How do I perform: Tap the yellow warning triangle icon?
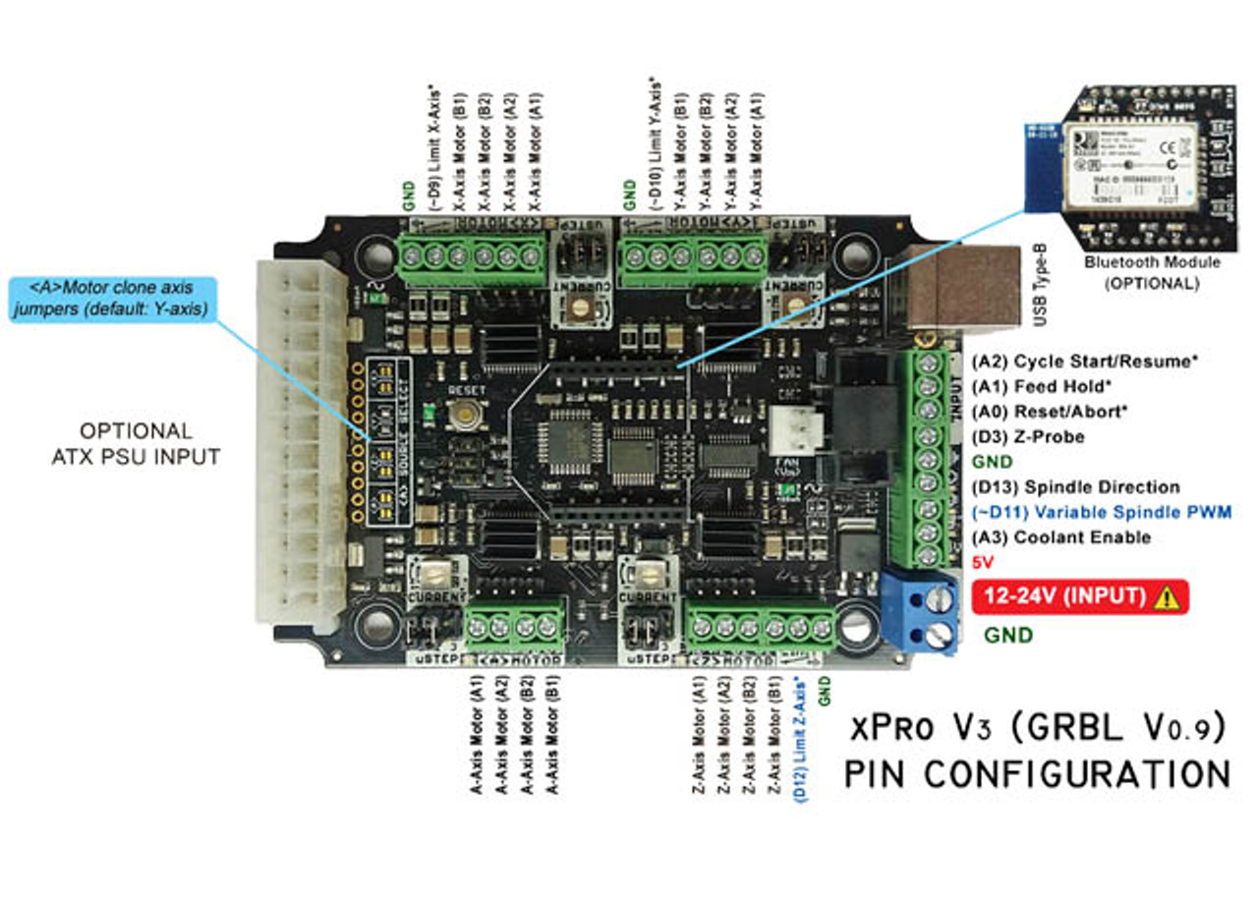(x=1167, y=597)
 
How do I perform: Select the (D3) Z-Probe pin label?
(x=1028, y=436)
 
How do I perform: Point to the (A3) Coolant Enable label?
(x=1060, y=537)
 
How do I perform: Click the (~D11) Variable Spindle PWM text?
(x=1101, y=512)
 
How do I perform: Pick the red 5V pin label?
(x=983, y=563)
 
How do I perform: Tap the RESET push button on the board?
(x=461, y=415)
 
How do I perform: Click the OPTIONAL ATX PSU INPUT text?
(x=136, y=443)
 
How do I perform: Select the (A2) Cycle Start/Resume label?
(x=1084, y=361)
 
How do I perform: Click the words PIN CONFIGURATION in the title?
(x=1037, y=773)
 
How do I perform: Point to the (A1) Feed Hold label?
(x=1042, y=386)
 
